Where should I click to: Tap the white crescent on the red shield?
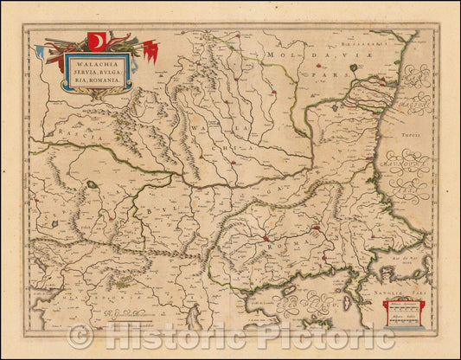coord(96,42)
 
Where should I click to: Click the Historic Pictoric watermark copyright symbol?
coord(80,336)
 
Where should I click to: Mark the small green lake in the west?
coord(92,183)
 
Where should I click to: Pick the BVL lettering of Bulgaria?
coord(157,210)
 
